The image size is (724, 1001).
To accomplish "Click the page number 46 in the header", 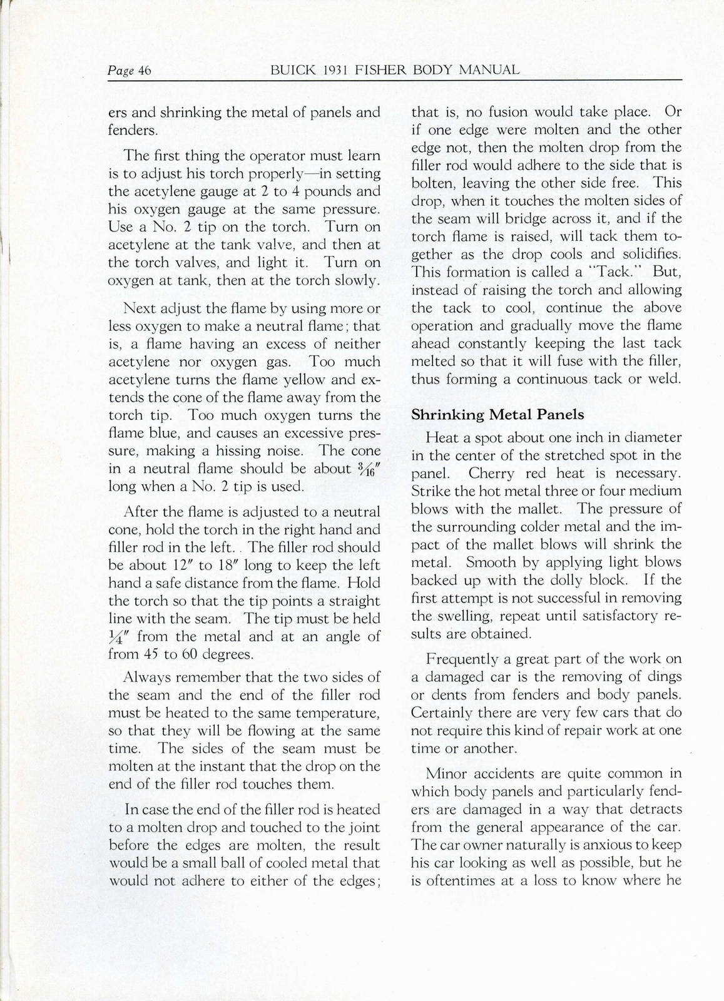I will [144, 71].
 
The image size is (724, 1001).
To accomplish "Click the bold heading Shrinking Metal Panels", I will [497, 414].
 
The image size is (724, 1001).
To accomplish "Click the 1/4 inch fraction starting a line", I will [117, 637].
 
